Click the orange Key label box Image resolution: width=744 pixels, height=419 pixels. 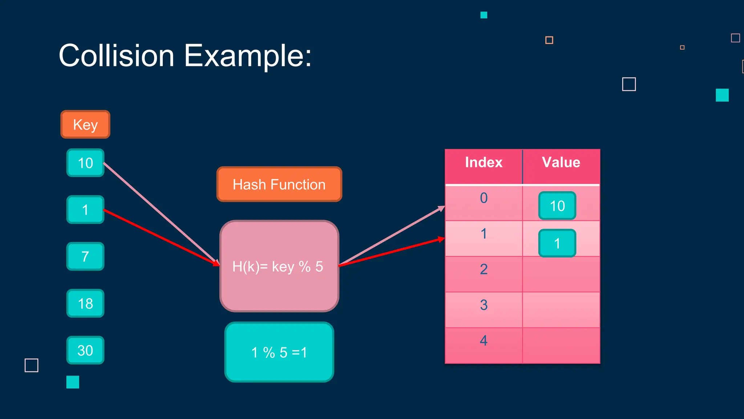pyautogui.click(x=85, y=124)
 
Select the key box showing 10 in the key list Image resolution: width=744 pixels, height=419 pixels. pyautogui.click(x=85, y=163)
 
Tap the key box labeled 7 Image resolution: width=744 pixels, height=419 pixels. pyautogui.click(x=85, y=256)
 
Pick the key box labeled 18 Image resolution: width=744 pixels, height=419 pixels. pyautogui.click(x=85, y=303)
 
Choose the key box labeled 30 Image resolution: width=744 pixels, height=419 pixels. pyautogui.click(x=85, y=350)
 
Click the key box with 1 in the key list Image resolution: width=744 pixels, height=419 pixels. pyautogui.click(x=85, y=210)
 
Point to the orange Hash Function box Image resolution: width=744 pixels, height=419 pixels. pyautogui.click(x=279, y=184)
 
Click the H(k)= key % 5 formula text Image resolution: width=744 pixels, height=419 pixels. pyautogui.click(x=278, y=267)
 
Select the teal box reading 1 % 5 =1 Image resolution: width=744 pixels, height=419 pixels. pyautogui.click(x=279, y=352)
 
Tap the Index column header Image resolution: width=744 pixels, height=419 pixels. pyautogui.click(x=484, y=162)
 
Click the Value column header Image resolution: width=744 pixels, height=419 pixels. pyautogui.click(x=561, y=162)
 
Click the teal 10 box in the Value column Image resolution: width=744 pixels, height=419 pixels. pyautogui.click(x=557, y=206)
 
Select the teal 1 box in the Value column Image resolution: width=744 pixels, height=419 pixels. pyautogui.click(x=557, y=243)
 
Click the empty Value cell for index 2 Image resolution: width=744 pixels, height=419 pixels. pyautogui.click(x=561, y=274)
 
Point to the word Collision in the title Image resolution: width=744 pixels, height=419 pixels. pyautogui.click(x=116, y=56)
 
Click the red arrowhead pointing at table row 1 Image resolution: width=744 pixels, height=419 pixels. pyautogui.click(x=441, y=239)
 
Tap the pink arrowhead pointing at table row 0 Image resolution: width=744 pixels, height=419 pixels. pyautogui.click(x=442, y=208)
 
